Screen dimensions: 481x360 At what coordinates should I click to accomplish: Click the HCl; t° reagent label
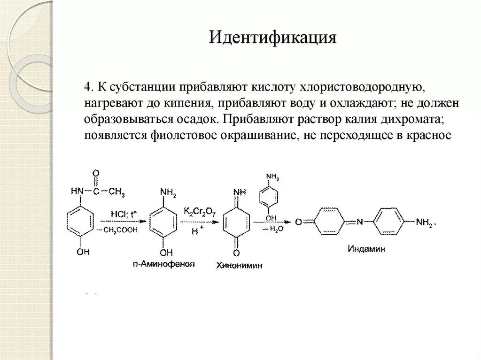pos(123,214)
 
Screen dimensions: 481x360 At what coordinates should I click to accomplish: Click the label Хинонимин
pos(239,265)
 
